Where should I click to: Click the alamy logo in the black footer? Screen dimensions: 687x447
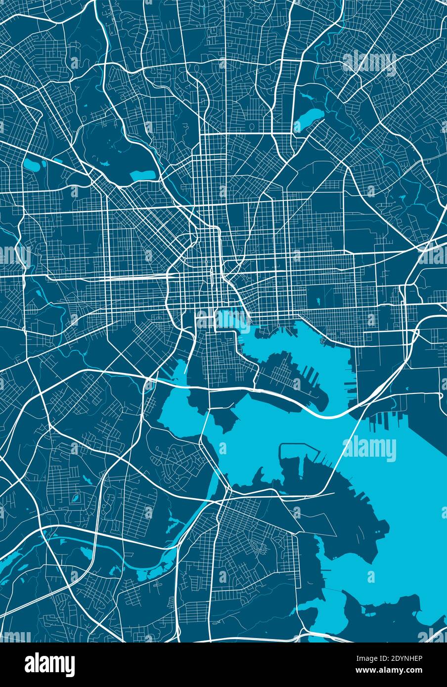(49, 664)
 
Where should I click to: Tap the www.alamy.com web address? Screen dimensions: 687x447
(396, 671)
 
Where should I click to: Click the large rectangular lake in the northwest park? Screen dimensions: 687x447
(142, 174)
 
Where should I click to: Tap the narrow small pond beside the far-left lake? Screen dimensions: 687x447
(44, 163)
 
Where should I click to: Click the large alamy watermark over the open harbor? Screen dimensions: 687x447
(369, 449)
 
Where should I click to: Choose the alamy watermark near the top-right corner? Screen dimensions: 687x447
(369, 63)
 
